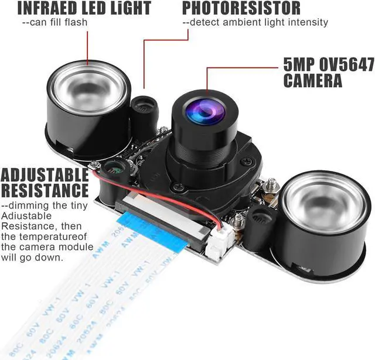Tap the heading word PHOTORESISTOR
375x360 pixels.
(x=241, y=8)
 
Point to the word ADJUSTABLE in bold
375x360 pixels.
(x=44, y=175)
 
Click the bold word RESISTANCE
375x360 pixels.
(x=44, y=190)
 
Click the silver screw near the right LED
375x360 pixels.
(x=271, y=187)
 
